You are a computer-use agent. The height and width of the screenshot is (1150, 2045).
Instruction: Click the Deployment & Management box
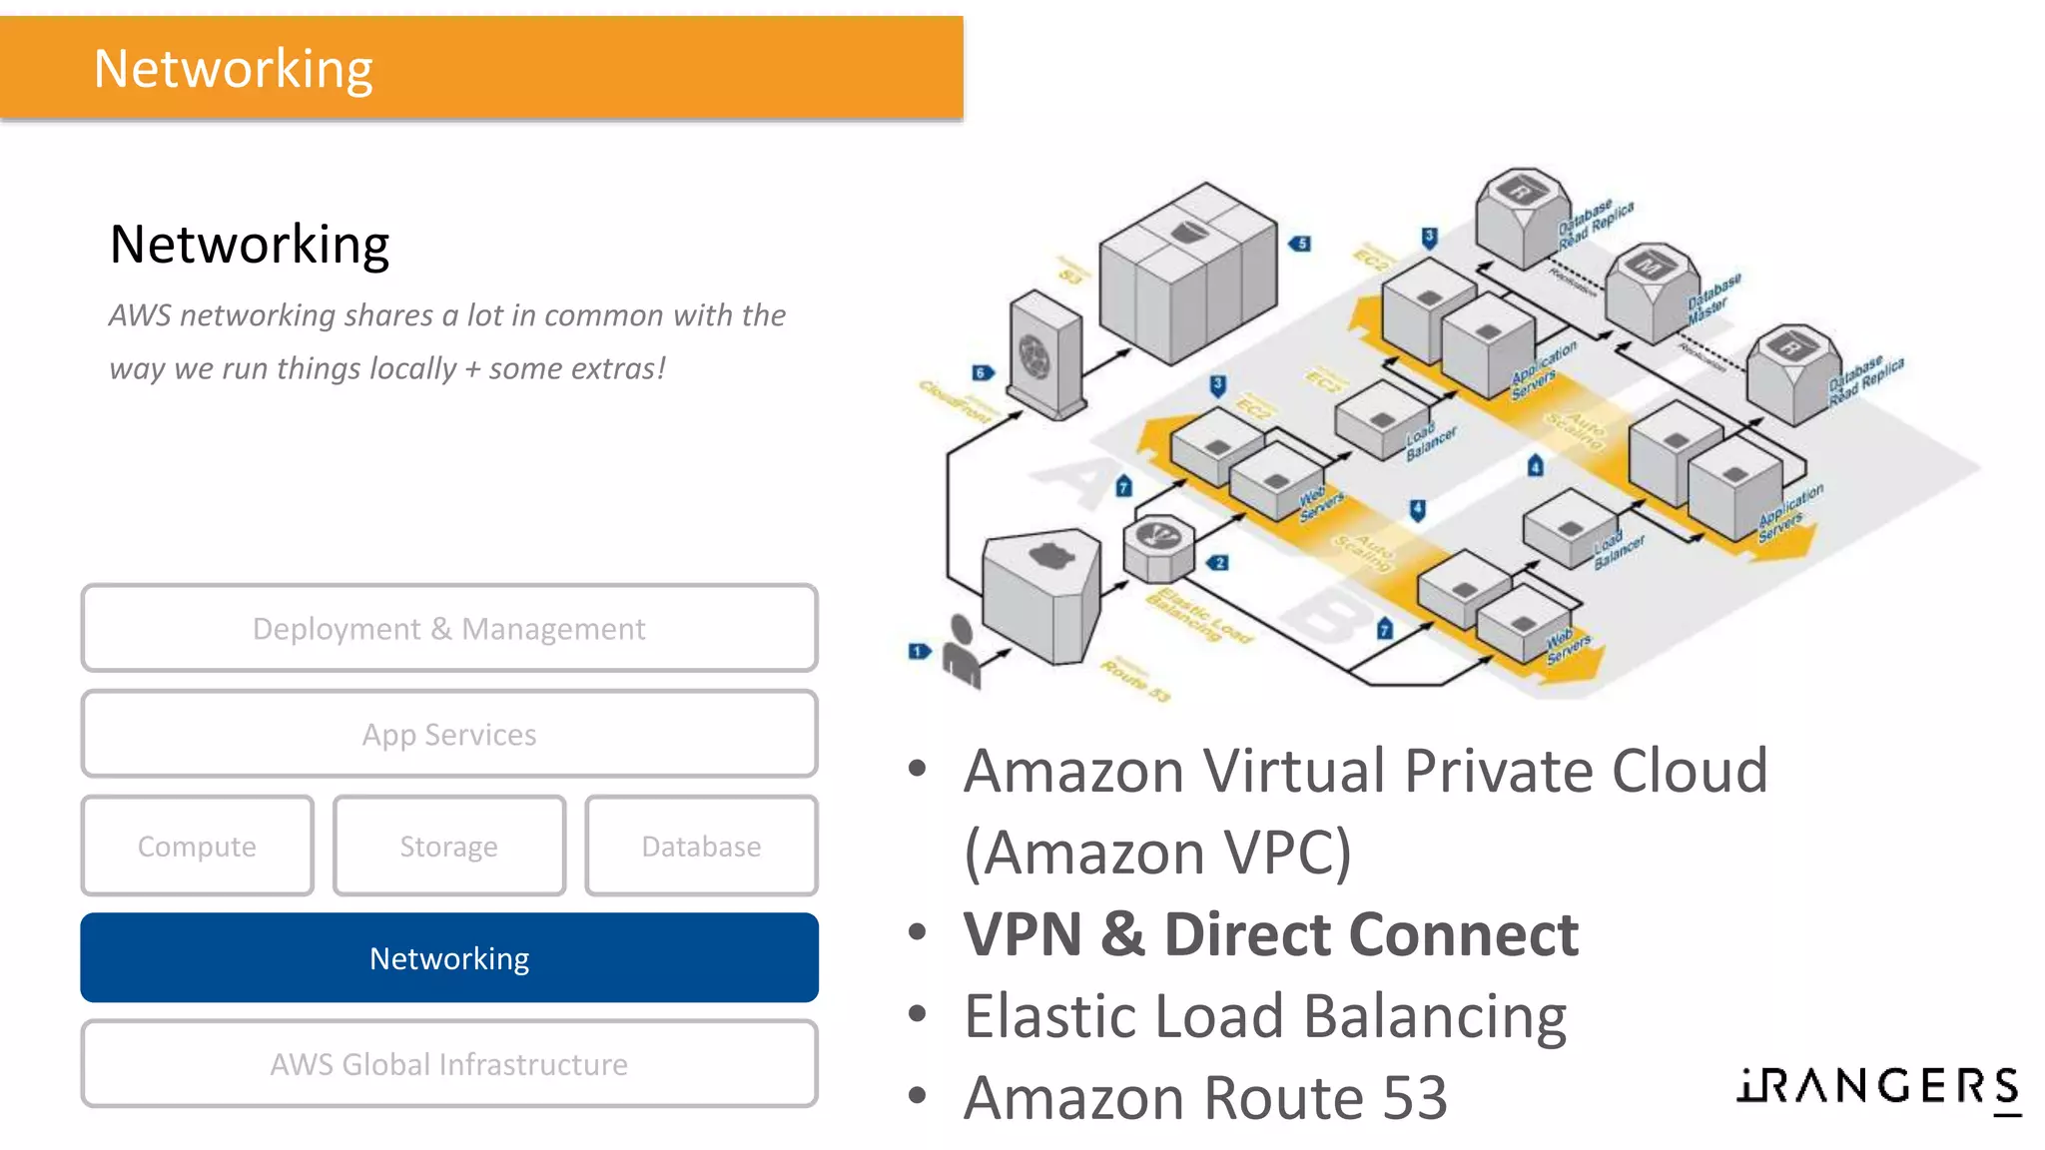click(449, 628)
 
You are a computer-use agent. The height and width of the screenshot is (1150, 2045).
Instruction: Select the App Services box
click(449, 734)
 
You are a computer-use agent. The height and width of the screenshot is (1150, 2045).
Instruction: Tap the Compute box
click(197, 846)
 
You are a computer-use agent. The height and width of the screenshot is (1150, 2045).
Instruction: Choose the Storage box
click(449, 846)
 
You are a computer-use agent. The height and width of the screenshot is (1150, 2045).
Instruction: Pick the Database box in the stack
click(701, 846)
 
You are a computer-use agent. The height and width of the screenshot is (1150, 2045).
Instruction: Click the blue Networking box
click(449, 957)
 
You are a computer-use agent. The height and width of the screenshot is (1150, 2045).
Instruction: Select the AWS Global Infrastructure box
click(449, 1063)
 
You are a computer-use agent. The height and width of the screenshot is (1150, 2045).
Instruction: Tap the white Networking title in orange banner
click(233, 69)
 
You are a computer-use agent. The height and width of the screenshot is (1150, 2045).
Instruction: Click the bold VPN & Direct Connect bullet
click(1270, 934)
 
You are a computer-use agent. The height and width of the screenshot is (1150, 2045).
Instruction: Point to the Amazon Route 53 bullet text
click(1205, 1098)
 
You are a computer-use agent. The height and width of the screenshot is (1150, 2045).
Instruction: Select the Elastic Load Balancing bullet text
click(1265, 1016)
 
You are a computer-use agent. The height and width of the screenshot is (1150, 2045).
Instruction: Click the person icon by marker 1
click(962, 653)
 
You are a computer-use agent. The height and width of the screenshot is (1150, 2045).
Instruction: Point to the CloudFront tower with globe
click(1043, 354)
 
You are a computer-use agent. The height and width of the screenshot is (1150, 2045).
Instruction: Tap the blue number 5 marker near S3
click(1299, 244)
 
